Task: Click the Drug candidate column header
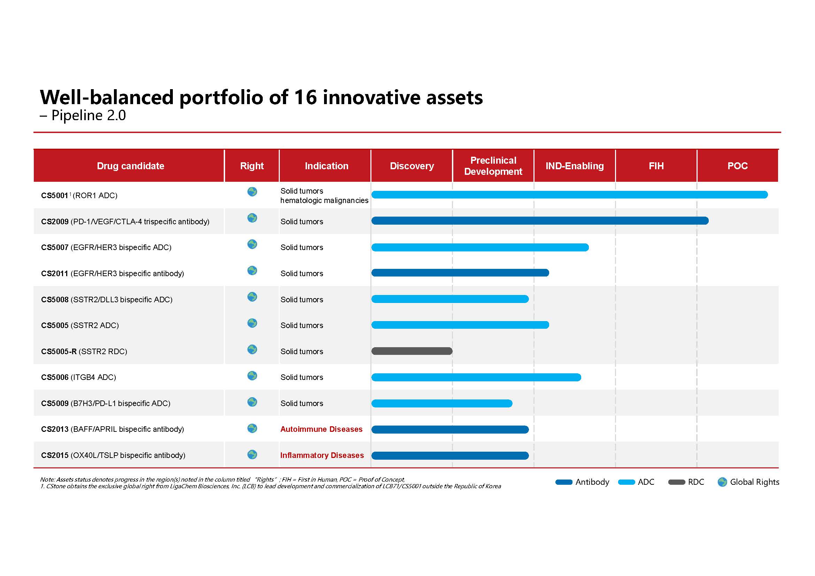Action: [x=130, y=166]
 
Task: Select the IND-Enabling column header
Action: [x=574, y=166]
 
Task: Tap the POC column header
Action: [x=737, y=166]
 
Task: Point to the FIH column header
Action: [x=656, y=166]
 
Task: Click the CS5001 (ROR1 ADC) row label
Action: [x=79, y=195]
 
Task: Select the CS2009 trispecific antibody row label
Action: [x=125, y=222]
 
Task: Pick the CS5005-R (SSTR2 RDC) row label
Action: [x=84, y=351]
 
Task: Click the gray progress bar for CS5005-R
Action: [x=412, y=351]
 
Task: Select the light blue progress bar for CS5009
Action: [x=441, y=403]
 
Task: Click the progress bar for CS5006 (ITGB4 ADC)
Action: [x=476, y=377]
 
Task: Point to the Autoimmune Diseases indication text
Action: [x=321, y=429]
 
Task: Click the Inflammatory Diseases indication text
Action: [x=322, y=456]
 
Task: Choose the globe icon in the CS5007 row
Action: [x=252, y=244]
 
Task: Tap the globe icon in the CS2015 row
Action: [x=252, y=454]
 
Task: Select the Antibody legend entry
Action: [x=582, y=482]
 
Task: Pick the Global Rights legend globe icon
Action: [x=722, y=482]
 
